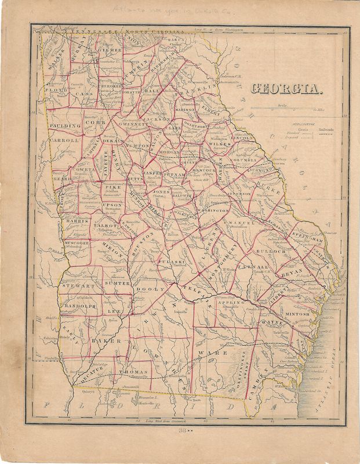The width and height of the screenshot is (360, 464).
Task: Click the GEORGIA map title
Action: pos(286,89)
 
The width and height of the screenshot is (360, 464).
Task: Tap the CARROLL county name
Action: pos(64,140)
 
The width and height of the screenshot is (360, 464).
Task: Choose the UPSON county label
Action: pos(112,205)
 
